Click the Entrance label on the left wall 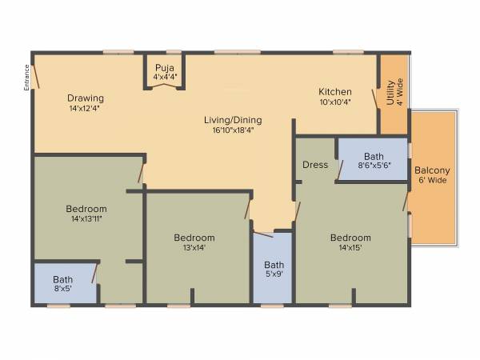coord(26,77)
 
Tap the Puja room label coord(165,68)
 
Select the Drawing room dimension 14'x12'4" coord(86,108)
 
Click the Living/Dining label coord(237,120)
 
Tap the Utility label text coord(390,93)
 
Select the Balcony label coord(432,170)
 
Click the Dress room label coord(315,165)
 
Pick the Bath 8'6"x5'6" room coord(374,161)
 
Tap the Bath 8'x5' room coord(63,284)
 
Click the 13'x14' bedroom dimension coord(194,247)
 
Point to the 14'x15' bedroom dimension coord(350,247)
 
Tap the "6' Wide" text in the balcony coord(432,180)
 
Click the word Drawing coord(86,98)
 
